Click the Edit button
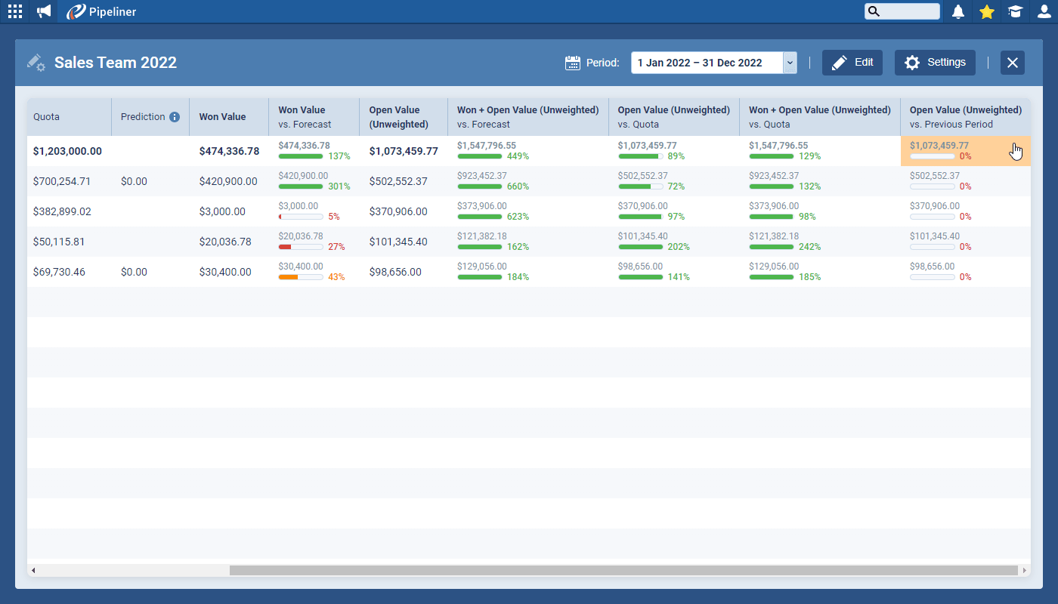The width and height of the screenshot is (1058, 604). [852, 63]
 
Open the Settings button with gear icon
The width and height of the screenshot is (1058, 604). [935, 63]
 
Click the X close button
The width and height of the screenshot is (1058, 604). [1013, 63]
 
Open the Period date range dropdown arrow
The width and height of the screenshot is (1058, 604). [790, 63]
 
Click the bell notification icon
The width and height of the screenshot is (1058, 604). [958, 11]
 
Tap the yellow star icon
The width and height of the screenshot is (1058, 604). [987, 11]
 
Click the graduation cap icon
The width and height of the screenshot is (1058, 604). [1015, 11]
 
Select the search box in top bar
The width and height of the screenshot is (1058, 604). [902, 11]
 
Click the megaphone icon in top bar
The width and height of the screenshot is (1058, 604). [44, 11]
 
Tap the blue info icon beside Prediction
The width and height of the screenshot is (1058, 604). [175, 117]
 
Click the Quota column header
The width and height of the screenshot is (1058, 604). [47, 117]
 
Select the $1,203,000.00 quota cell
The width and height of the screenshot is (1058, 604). [67, 151]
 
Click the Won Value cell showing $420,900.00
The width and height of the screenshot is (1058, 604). [228, 181]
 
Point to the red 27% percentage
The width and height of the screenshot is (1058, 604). [336, 247]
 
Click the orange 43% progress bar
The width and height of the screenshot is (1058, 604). [301, 277]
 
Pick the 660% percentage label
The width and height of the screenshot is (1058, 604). [518, 186]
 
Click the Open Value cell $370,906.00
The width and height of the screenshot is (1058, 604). [398, 211]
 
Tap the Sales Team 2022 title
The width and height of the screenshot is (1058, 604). [115, 63]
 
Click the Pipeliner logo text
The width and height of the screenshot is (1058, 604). [113, 11]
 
